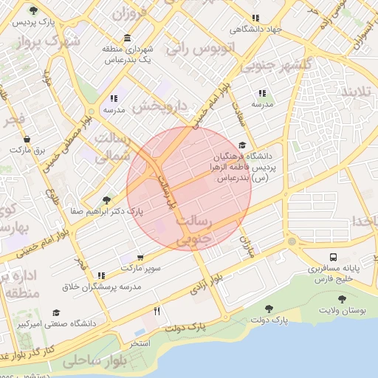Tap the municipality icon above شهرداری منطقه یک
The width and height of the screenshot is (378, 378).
[x=128, y=38]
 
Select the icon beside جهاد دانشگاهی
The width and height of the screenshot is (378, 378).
[x=255, y=18]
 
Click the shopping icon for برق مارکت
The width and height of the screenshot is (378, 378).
[x=27, y=138]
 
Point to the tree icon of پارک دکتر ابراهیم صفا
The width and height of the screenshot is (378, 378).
[x=108, y=200]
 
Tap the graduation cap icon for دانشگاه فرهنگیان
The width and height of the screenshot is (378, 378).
[x=243, y=145]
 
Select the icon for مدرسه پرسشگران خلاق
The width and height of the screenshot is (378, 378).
[x=100, y=275]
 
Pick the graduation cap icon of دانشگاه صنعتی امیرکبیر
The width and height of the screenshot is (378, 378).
[x=56, y=313]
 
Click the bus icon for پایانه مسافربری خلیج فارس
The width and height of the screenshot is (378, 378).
[x=334, y=258]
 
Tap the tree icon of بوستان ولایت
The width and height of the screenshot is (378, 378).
[x=342, y=299]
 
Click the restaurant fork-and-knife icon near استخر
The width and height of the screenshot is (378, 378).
[x=157, y=312]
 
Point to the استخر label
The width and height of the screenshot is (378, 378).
[x=140, y=344]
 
